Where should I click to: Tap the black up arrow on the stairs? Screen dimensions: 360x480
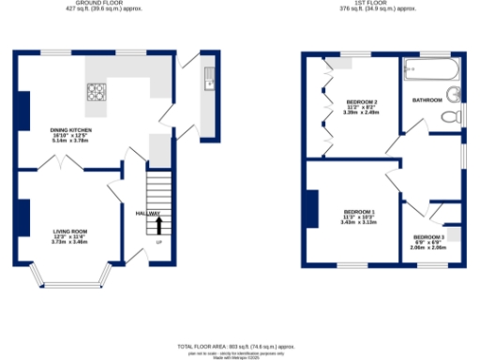tap(158, 225)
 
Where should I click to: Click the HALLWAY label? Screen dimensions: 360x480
tap(147, 214)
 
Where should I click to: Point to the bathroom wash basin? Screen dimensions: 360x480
tap(455, 93)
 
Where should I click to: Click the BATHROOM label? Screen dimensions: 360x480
tap(427, 99)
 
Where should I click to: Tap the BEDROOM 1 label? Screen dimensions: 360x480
tap(358, 215)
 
